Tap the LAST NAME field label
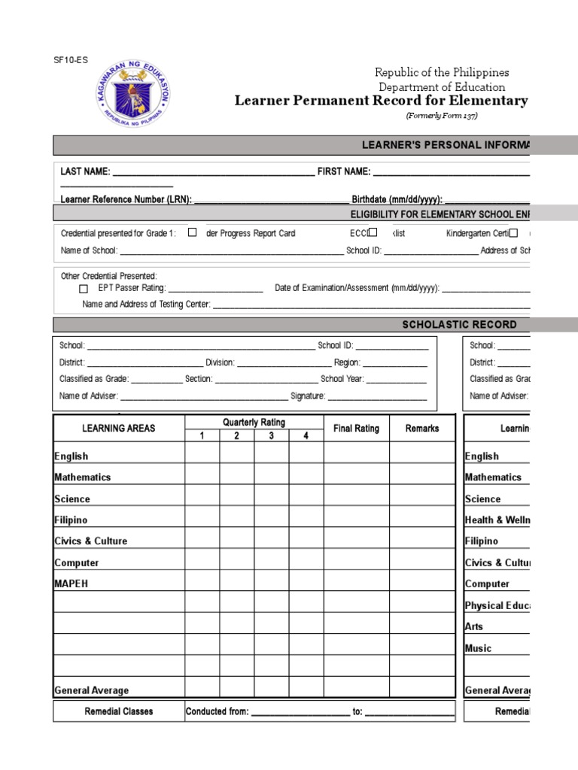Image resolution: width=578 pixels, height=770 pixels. click(85, 172)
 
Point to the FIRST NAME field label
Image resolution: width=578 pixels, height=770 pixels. click(344, 172)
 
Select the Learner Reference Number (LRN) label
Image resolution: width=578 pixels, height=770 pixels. click(126, 200)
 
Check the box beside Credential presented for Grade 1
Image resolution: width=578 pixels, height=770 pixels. click(193, 232)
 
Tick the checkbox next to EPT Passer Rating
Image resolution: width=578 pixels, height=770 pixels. click(84, 288)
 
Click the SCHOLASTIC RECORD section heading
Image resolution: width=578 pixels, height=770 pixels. click(459, 325)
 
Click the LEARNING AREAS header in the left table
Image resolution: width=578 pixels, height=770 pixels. click(119, 429)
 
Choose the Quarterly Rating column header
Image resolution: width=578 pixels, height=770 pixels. click(254, 423)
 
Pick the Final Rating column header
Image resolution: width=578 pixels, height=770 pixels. click(356, 429)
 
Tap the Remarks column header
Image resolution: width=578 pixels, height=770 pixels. click(421, 429)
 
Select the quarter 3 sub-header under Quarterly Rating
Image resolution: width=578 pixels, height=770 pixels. click(271, 436)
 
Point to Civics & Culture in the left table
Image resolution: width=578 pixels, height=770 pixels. click(90, 541)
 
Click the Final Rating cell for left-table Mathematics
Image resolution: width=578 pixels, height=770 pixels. click(356, 477)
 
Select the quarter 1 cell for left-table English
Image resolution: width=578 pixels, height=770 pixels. click(202, 456)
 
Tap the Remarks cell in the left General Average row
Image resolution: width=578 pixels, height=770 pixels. click(421, 690)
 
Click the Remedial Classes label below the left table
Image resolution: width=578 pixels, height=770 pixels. click(119, 711)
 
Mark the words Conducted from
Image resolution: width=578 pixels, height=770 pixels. click(217, 711)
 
